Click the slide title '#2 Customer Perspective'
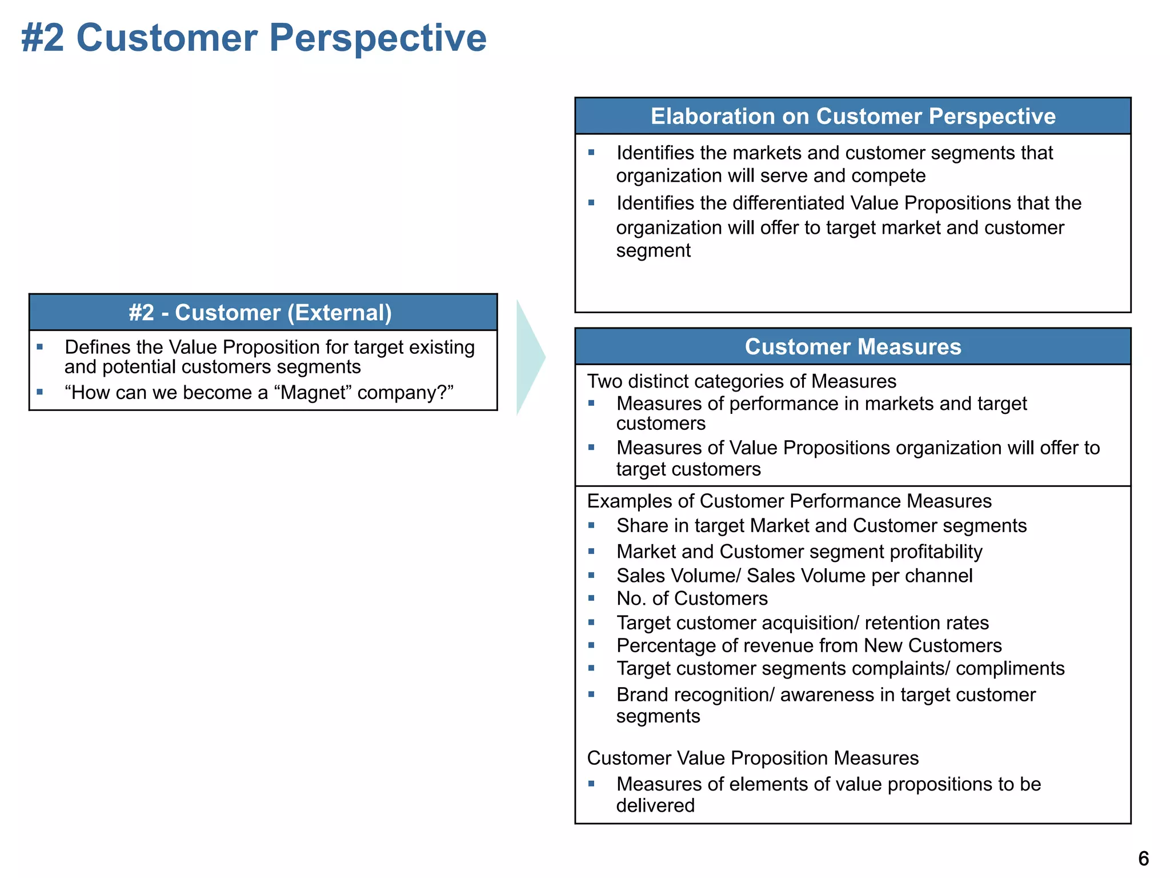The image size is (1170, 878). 254,38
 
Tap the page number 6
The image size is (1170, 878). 1143,859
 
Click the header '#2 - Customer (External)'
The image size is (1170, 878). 261,313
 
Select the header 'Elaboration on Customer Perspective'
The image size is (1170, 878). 853,116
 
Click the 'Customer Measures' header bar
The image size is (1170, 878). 853,346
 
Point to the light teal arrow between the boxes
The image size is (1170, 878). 529,358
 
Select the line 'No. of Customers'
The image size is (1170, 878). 692,598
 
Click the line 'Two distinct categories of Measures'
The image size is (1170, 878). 742,381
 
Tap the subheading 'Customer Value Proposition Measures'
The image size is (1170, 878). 753,758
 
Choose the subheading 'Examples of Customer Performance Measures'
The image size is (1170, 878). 789,501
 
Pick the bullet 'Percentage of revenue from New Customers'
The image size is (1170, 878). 809,645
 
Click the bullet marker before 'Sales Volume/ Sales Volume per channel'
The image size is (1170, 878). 591,575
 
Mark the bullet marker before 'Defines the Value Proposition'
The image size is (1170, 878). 39,346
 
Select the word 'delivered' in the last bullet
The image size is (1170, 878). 655,805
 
